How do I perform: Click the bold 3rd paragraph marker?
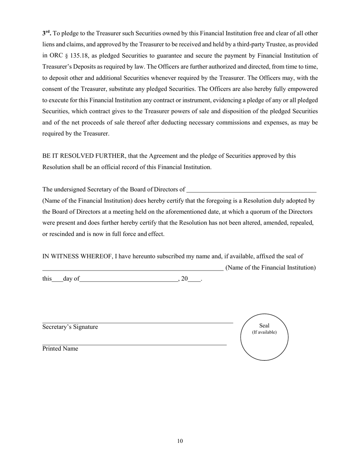[47, 33]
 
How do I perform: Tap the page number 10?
[180, 441]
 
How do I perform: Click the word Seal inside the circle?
[264, 325]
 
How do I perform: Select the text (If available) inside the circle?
[264, 332]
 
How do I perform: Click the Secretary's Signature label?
[70, 327]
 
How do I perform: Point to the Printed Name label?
[60, 349]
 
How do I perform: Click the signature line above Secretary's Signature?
[138, 323]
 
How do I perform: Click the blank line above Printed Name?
[135, 345]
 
